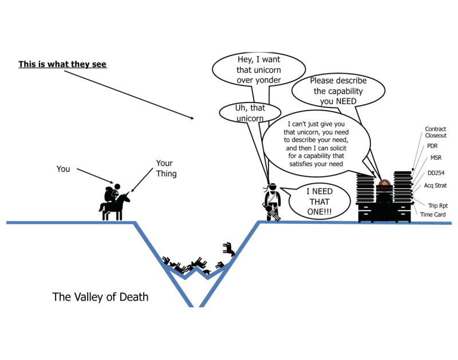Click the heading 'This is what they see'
62,65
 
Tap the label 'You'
63,168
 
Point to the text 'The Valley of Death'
100,297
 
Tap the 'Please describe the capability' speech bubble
338,90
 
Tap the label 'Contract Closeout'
435,133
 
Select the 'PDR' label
432,146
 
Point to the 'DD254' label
436,173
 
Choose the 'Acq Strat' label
435,185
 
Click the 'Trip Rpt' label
437,205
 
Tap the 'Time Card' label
433,214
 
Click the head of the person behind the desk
384,184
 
